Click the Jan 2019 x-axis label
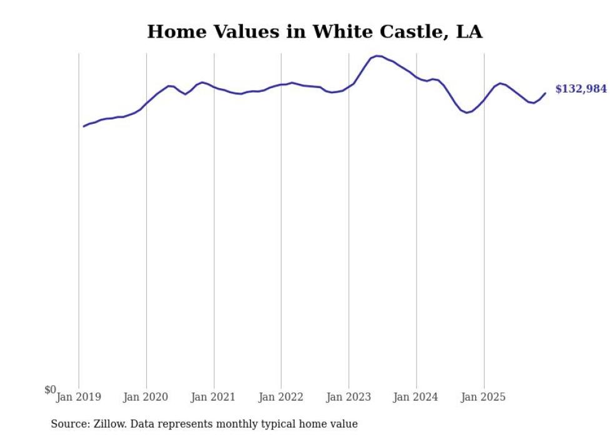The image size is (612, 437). coord(79,397)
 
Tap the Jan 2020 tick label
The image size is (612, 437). coord(146,397)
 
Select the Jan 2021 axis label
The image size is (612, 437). coord(214,397)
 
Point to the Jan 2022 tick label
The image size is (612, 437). coord(281,397)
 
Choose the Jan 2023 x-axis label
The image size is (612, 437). coord(348,397)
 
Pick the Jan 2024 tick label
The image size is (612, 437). coord(416,397)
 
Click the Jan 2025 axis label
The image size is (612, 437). coord(483,397)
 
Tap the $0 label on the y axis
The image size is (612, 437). coord(50,390)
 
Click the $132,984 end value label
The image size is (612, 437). coord(581,89)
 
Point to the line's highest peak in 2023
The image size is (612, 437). coord(377,56)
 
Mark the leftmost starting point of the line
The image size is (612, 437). coord(84,126)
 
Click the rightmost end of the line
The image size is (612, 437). coord(545,93)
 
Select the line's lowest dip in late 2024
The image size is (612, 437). coord(466,113)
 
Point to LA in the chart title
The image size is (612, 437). coord(469,32)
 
